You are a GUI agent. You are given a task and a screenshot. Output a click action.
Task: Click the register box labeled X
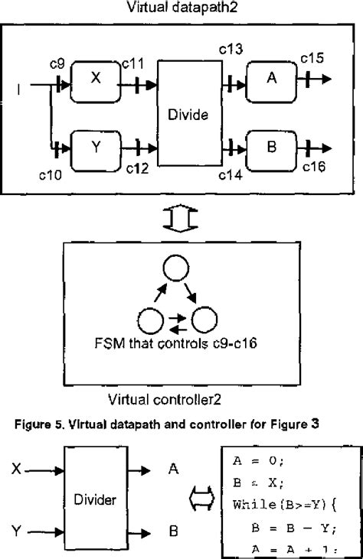96,78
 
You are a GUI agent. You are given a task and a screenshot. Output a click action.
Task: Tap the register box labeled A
270,78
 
